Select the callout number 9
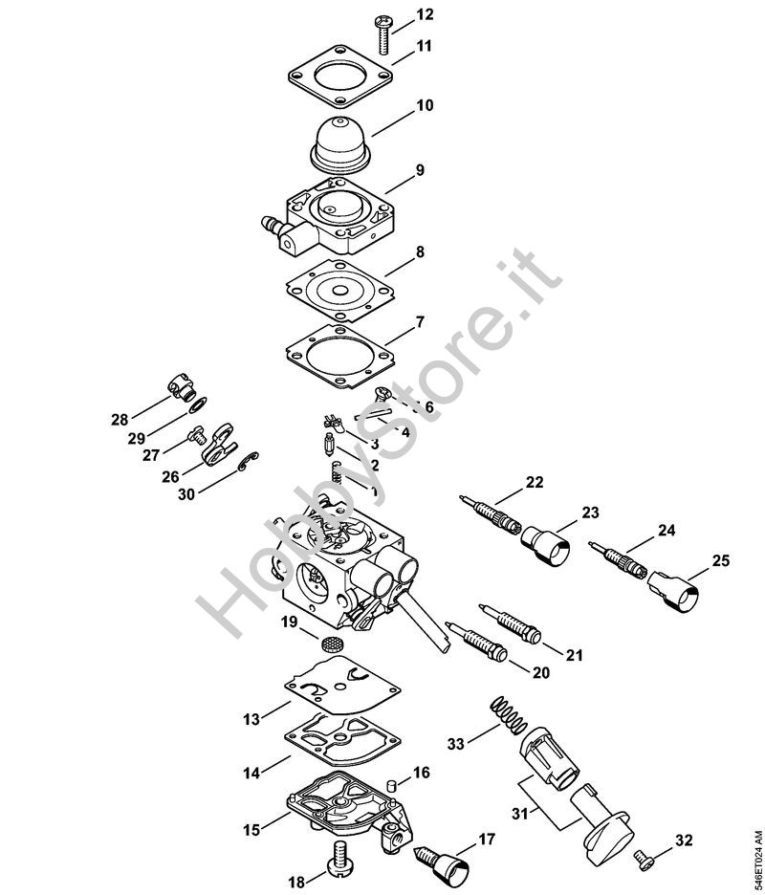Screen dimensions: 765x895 [x=420, y=170]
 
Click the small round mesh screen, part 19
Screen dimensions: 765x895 [x=329, y=644]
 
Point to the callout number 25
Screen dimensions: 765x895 [x=720, y=560]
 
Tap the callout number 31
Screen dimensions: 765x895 [x=520, y=813]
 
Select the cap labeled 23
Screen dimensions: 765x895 [x=545, y=544]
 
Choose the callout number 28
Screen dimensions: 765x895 [x=120, y=420]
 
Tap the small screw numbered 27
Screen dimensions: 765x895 [x=196, y=436]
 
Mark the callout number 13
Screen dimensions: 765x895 [x=251, y=720]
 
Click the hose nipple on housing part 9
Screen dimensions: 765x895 [x=273, y=224]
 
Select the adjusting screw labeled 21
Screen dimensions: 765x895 [x=510, y=622]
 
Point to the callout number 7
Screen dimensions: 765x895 [x=420, y=322]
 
